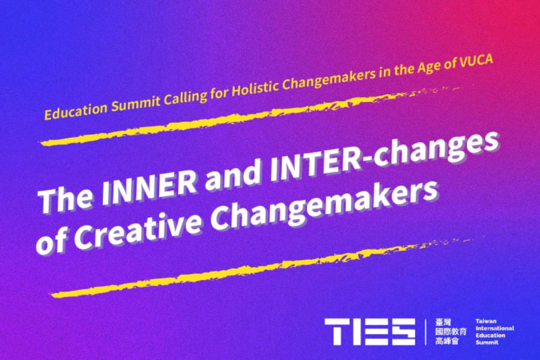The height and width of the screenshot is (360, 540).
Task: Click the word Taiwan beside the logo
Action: pos(486,321)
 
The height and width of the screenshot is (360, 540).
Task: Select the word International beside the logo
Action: pos(495,328)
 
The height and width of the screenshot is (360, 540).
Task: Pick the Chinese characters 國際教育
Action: pos(450,332)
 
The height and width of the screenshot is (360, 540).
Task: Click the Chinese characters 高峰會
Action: pos(447,341)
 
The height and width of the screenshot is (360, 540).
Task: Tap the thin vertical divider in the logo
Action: pos(426,332)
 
